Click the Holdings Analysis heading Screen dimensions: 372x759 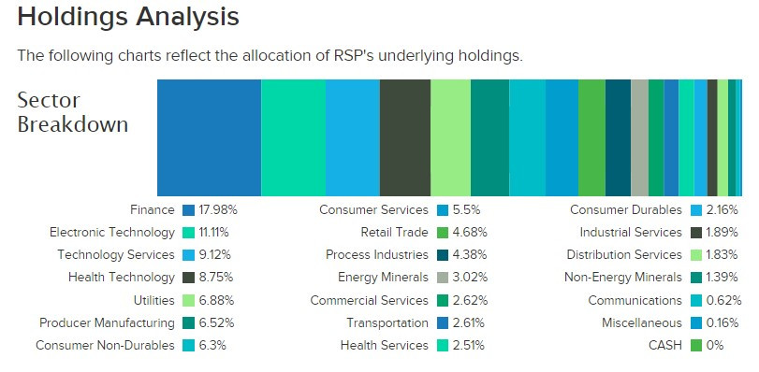pos(128,17)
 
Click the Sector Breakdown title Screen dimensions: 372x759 pos(73,112)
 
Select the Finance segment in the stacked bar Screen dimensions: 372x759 pos(209,136)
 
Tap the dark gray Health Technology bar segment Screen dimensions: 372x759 pos(405,136)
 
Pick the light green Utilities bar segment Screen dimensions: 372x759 pos(450,136)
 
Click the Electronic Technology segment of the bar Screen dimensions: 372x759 pos(293,136)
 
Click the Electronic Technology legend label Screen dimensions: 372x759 pos(112,232)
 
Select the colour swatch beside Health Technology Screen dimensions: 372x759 pos(188,278)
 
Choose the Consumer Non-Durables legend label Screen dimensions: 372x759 pos(105,345)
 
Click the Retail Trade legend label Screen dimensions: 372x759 pos(394,232)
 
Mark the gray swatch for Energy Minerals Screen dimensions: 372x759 pos(443,278)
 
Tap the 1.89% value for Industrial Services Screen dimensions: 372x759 pos(723,232)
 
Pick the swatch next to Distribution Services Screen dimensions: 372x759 pos(696,255)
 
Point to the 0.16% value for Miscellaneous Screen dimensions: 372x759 pos(723,322)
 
